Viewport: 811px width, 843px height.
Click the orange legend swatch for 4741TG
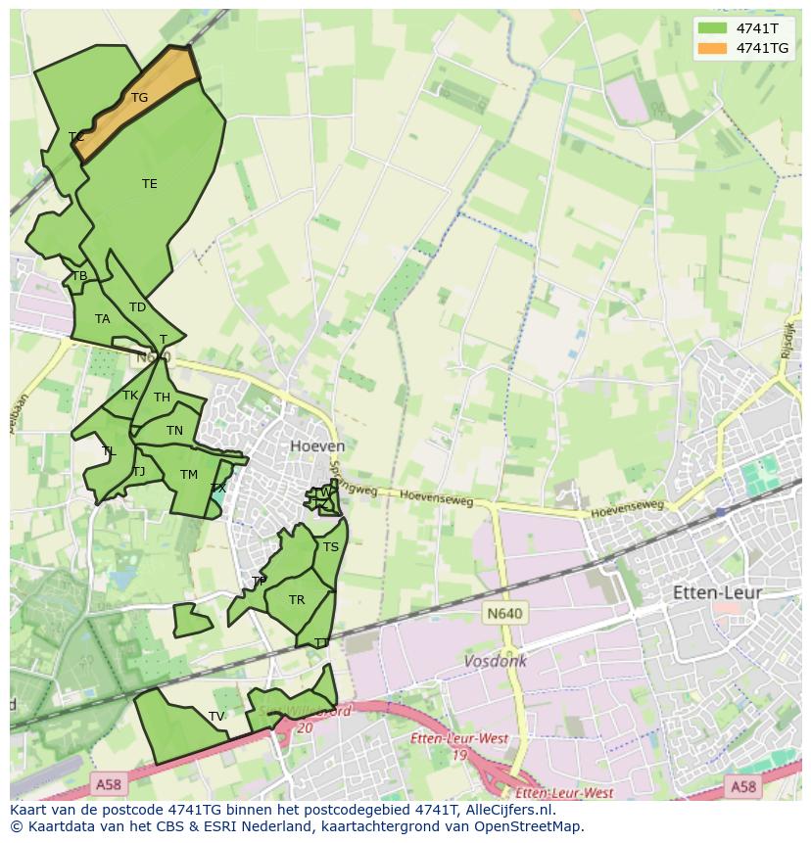pos(712,48)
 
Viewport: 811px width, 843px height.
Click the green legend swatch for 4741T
pos(712,28)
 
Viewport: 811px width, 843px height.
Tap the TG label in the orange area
pos(139,98)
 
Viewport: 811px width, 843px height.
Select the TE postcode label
pos(149,184)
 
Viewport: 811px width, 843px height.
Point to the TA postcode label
pos(102,319)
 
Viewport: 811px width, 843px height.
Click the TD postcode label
pos(137,307)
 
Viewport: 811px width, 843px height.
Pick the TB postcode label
pos(79,276)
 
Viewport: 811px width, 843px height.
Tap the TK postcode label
pos(130,396)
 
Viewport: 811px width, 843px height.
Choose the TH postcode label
pos(162,398)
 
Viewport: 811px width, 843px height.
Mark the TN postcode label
pos(174,431)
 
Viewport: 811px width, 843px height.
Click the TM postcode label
pos(189,475)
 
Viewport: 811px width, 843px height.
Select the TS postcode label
pos(331,547)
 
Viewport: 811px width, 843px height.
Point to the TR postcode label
pos(297,600)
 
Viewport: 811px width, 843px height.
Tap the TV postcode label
pos(216,717)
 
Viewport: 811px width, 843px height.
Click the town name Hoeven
pos(317,446)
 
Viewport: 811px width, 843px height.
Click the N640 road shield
pos(504,614)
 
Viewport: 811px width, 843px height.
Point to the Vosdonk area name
pos(495,661)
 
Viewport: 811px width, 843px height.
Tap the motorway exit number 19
pos(459,755)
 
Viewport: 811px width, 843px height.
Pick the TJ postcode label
pos(138,472)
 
